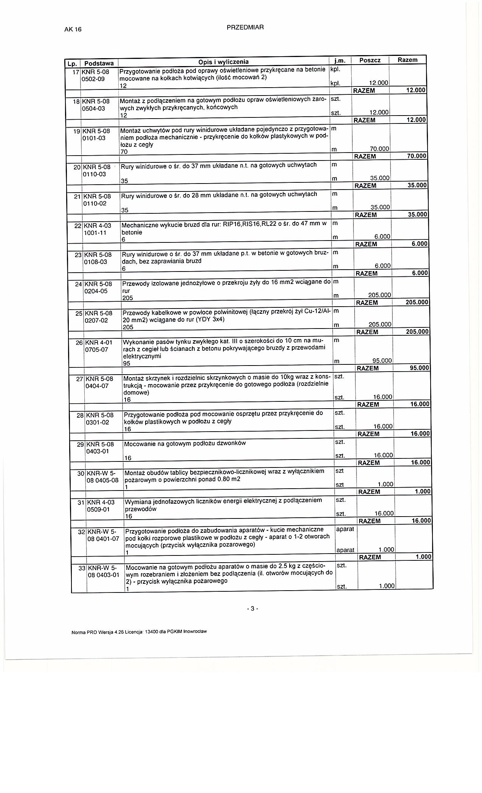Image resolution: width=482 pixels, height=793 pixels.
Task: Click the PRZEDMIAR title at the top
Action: [x=245, y=27]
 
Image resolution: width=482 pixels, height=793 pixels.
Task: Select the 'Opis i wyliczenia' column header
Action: [x=223, y=62]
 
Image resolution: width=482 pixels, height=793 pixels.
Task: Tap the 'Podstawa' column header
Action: [x=99, y=63]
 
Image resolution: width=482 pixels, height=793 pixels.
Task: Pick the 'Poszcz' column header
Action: [x=369, y=60]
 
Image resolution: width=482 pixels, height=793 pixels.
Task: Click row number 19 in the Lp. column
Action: [x=76, y=131]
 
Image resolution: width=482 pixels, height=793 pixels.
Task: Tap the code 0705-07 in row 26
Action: [x=97, y=350]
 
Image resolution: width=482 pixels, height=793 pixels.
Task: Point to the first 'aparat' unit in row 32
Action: [x=345, y=529]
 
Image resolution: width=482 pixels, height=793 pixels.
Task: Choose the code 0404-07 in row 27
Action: [x=97, y=386]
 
